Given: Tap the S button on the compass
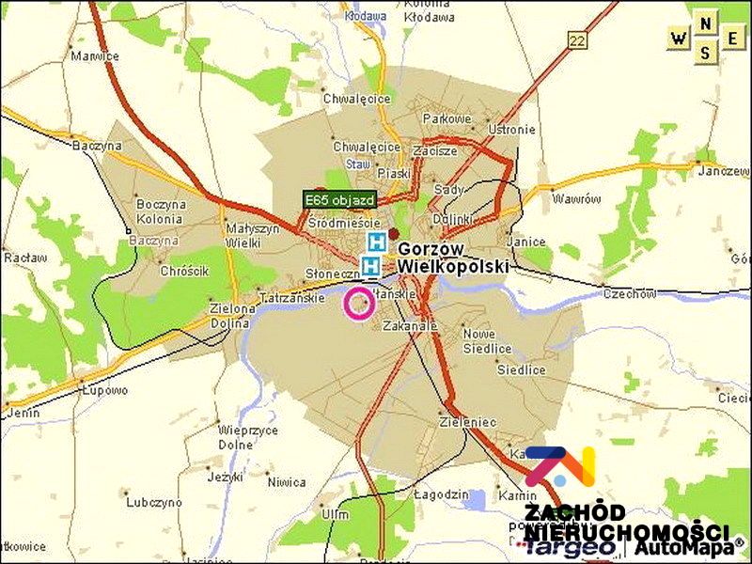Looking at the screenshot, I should (706, 53).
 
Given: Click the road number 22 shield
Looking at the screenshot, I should (577, 39).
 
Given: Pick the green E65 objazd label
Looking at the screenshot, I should (340, 199).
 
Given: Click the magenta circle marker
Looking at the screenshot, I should (358, 305).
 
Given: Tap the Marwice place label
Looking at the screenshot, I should (95, 55).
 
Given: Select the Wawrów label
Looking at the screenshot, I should (576, 199).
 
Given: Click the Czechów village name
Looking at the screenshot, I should (629, 293).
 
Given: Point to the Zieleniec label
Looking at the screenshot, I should (466, 423).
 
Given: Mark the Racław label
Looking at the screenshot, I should (19, 256).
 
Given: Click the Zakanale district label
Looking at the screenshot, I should (410, 326).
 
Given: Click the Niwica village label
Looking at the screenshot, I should (286, 482).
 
